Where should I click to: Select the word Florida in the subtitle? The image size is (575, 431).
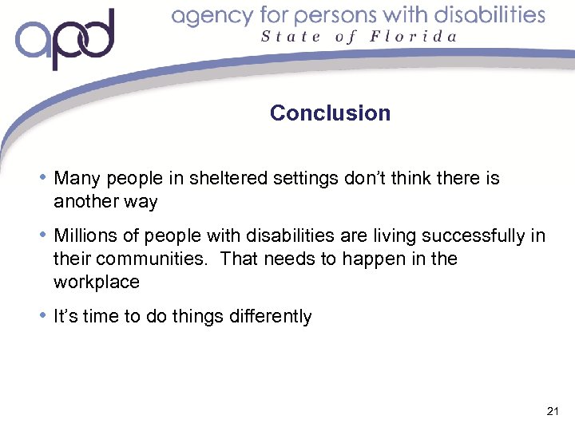[x=414, y=36]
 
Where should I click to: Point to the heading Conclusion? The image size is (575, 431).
[x=330, y=113]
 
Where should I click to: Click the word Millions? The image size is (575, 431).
[x=84, y=235]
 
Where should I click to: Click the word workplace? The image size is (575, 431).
[x=96, y=282]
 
